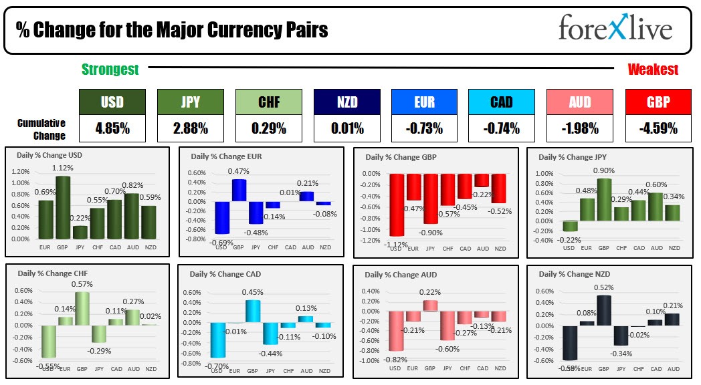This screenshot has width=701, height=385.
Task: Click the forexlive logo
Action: coord(615,29)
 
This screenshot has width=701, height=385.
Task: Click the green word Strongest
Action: coord(110,70)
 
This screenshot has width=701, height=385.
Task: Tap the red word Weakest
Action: coord(652,70)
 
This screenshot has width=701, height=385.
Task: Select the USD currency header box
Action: coord(112,102)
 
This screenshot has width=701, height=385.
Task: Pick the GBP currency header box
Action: coord(659,102)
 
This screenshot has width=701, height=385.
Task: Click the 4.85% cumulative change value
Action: coord(112,128)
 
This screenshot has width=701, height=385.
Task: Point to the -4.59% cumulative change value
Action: coord(659,128)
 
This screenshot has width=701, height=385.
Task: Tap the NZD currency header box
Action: coord(346,102)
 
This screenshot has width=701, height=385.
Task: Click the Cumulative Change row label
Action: coord(41,129)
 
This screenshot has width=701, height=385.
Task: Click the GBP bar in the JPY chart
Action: coord(604,199)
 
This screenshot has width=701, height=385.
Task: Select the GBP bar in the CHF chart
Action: coord(82,308)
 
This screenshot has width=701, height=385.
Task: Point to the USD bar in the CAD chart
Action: coord(217,340)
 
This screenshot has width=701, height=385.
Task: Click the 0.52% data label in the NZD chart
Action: coord(604,288)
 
